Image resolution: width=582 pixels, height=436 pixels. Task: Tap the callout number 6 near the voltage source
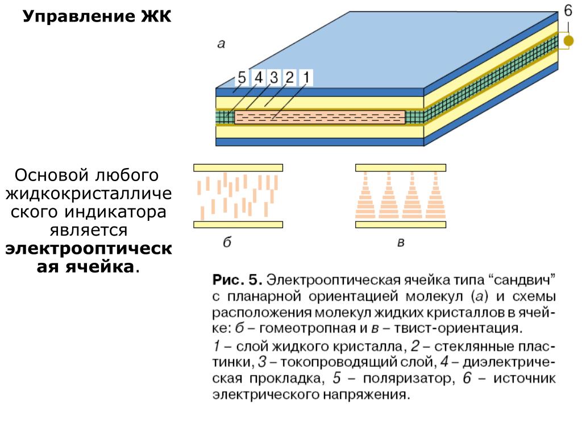click(x=568, y=11)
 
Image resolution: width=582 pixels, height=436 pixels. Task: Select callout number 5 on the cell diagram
click(x=242, y=78)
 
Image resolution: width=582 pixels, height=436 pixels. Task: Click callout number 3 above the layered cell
click(x=275, y=77)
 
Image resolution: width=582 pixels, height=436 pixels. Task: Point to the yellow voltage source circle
click(x=568, y=41)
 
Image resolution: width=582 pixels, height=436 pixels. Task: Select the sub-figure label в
click(x=400, y=244)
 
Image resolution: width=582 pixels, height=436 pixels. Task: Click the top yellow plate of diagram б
click(x=238, y=167)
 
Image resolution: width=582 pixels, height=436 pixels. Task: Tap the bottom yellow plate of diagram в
click(x=400, y=224)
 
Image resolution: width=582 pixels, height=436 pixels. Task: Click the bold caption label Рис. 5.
click(x=237, y=280)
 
